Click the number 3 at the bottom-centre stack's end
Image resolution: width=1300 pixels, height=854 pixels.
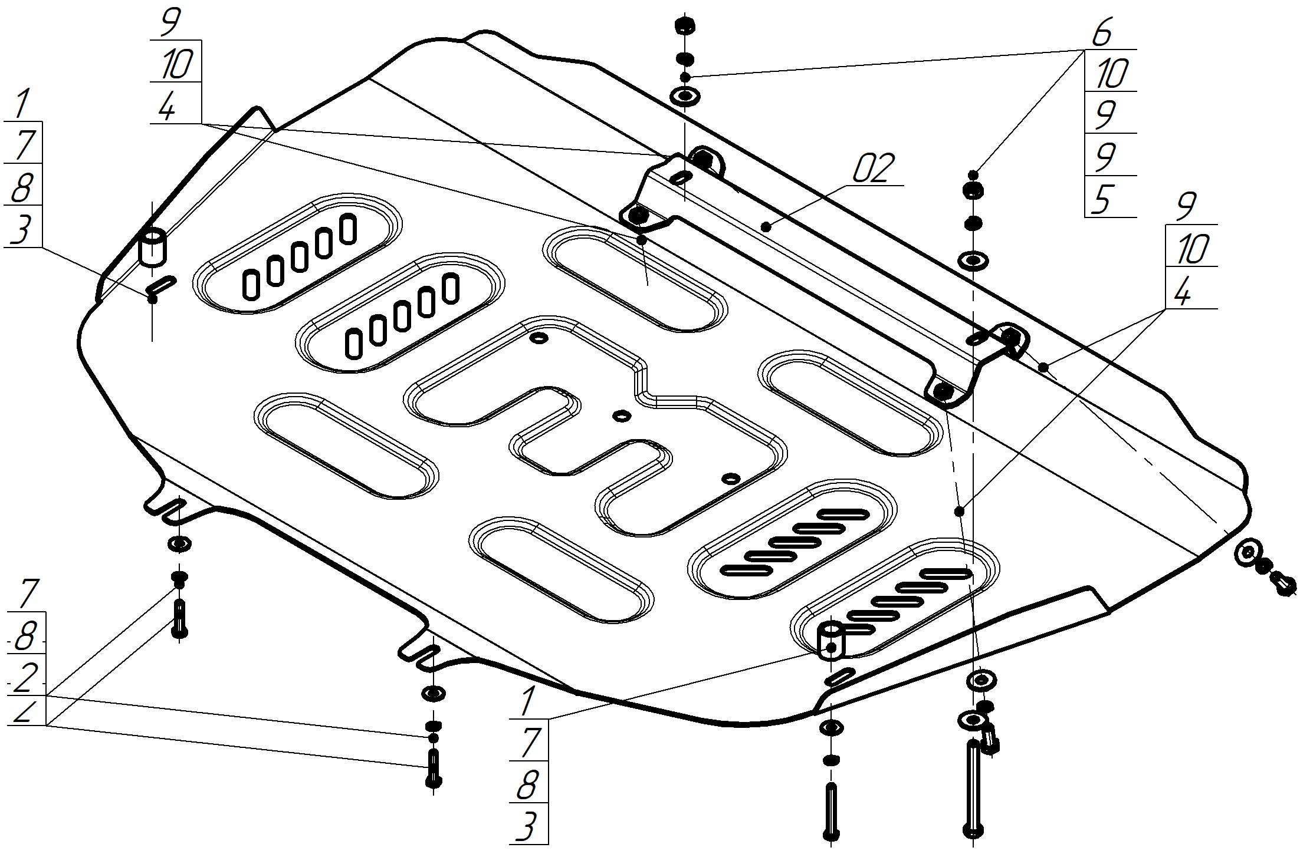pyautogui.click(x=527, y=825)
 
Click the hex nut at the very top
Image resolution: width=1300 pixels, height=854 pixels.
pyautogui.click(x=684, y=26)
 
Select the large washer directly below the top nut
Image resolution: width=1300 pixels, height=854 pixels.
pyautogui.click(x=684, y=95)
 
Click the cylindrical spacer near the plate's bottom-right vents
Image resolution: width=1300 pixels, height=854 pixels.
pyautogui.click(x=830, y=639)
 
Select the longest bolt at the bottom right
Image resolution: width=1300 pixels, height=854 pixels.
pyautogui.click(x=973, y=789)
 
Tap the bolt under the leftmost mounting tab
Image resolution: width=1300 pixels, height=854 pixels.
pyautogui.click(x=179, y=618)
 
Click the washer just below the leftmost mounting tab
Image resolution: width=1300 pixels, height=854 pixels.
pyautogui.click(x=179, y=543)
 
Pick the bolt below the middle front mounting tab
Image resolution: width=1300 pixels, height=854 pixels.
pyautogui.click(x=434, y=767)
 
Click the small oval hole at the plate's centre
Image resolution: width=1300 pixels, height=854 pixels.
pyautogui.click(x=621, y=416)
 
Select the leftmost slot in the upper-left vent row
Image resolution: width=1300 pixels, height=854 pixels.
pyautogui.click(x=251, y=285)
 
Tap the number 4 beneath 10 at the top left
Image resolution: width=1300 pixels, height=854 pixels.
pyautogui.click(x=168, y=107)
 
